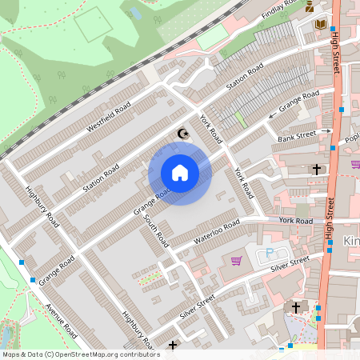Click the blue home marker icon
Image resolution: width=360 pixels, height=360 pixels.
pos(180,172)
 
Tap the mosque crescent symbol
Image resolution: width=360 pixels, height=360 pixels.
pos(183,134)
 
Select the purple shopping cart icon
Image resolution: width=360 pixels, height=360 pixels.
pos(236,261)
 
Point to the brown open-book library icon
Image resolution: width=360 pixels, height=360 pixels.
pos(321,25)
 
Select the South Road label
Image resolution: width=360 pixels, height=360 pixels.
pos(157,229)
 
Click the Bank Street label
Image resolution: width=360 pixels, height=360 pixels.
pos(293,136)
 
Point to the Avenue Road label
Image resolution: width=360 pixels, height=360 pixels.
pos(61,318)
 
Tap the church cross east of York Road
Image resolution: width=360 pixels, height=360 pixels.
pos(317,170)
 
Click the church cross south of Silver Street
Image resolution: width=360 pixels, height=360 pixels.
pos(296,307)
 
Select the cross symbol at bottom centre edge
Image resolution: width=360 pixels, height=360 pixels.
pos(174,346)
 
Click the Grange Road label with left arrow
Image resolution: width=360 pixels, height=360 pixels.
pos(297,105)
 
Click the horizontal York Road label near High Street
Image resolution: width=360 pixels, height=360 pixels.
pos(296,219)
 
